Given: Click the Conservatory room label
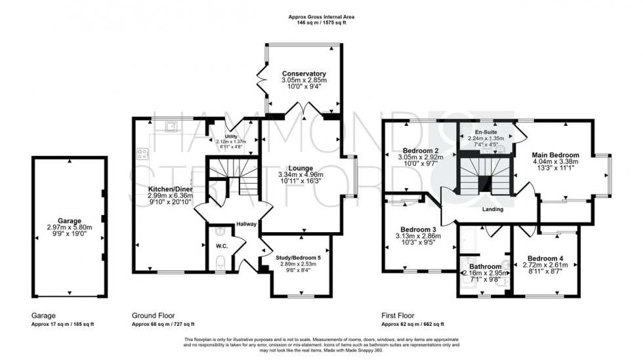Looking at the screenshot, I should (304, 73).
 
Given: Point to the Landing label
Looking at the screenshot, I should (492, 210).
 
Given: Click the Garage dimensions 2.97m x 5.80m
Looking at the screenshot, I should (69, 227).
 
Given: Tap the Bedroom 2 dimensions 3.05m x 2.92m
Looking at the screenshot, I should (421, 157).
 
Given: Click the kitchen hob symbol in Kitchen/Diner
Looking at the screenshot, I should (142, 155).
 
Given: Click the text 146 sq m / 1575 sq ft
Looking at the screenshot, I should (321, 22).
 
